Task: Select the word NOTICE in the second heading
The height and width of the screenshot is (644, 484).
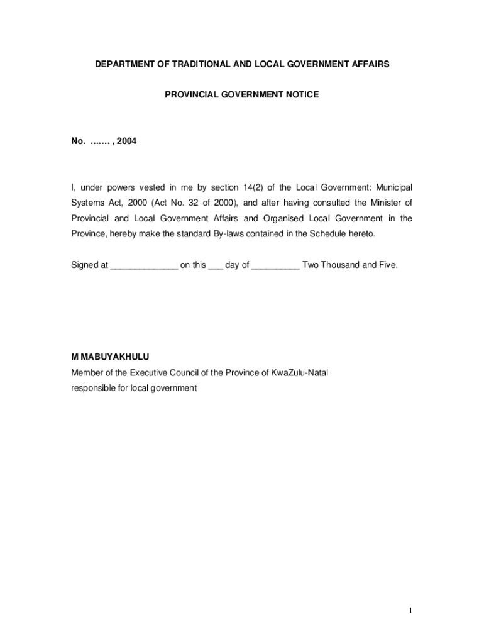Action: point(303,95)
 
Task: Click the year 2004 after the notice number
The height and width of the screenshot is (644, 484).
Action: point(126,142)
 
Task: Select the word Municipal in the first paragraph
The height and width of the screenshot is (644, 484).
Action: point(393,188)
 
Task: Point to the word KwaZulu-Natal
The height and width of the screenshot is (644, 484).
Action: point(299,373)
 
